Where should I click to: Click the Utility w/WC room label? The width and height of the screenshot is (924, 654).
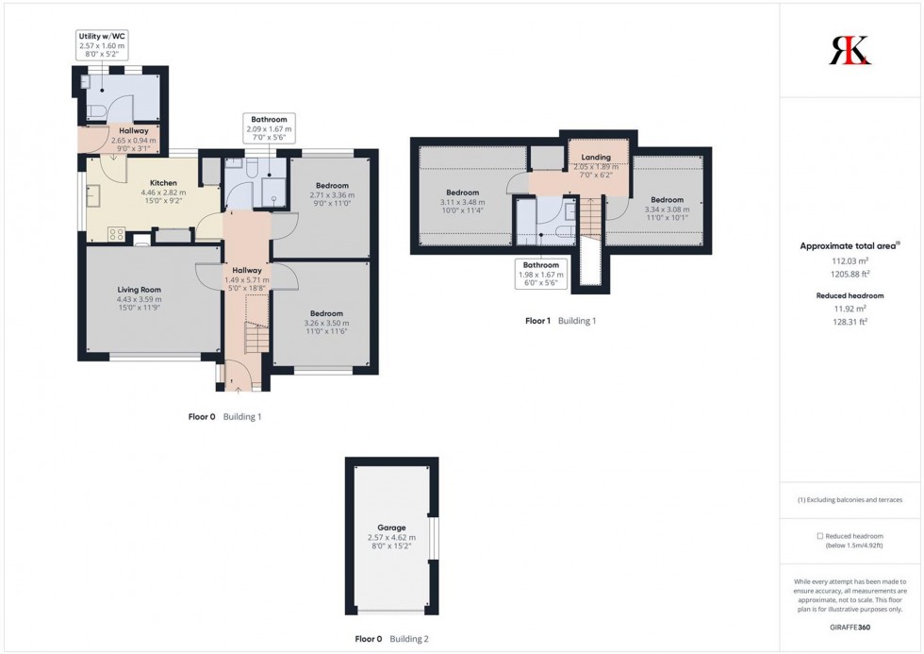pos(103,36)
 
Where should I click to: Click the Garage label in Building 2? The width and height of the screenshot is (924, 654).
pos(391,528)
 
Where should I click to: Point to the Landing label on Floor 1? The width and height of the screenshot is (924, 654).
pos(596,158)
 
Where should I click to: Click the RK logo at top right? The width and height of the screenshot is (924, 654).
pos(850,50)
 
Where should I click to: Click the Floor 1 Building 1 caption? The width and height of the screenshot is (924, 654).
pos(560,321)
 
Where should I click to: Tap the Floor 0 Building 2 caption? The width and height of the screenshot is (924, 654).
pos(391,639)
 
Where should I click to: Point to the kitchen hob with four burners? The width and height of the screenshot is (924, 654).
pos(118,233)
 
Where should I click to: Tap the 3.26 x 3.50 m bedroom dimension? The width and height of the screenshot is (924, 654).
pos(322,323)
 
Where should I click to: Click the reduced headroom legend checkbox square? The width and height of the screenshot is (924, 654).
pos(819,536)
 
